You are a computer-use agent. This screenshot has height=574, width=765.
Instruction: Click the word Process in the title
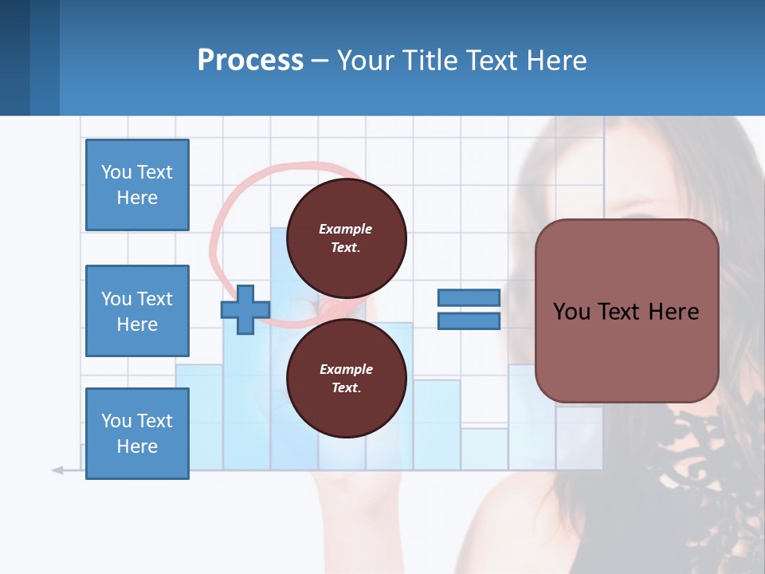[250, 61]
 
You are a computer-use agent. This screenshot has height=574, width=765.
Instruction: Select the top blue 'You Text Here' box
[137, 185]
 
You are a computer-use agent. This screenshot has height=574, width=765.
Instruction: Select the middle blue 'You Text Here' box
[137, 311]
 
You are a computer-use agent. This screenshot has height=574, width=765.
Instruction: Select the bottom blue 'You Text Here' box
[137, 433]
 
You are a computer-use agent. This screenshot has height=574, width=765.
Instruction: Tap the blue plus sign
[245, 310]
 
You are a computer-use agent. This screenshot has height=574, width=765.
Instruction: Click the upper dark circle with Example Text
[346, 238]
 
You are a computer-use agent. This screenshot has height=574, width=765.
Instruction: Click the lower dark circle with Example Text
[346, 378]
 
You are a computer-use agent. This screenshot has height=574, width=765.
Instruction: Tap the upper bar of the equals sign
[469, 297]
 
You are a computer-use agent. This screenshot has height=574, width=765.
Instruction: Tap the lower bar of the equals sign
[469, 321]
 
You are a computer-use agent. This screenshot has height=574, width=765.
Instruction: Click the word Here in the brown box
[673, 312]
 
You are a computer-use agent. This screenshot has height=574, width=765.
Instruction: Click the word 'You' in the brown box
[571, 312]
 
